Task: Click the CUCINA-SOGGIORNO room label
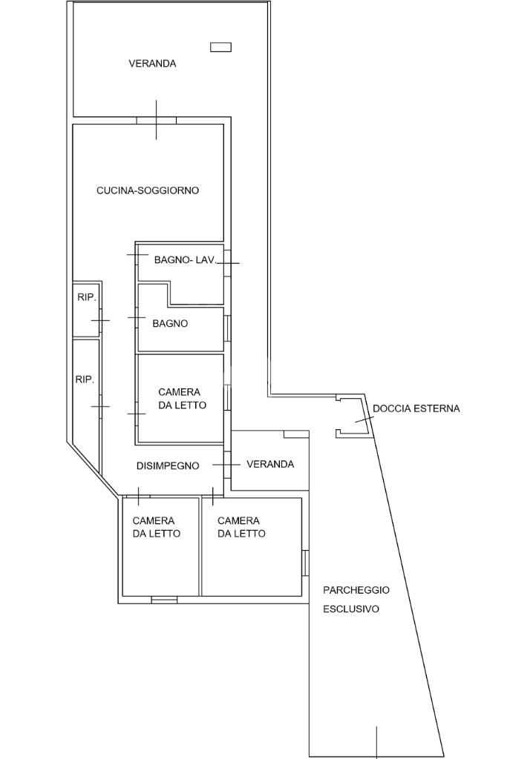(148, 190)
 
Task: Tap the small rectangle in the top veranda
(220, 47)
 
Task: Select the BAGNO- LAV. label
(185, 259)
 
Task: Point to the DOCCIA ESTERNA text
(416, 408)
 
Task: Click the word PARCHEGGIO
(356, 590)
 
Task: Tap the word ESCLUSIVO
(350, 609)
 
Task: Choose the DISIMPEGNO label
(168, 465)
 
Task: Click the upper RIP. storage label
(86, 297)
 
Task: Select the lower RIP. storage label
(85, 379)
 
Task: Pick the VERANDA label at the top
(152, 64)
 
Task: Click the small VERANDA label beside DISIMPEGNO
(270, 464)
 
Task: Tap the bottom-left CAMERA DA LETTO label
(156, 527)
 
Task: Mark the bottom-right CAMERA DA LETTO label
(241, 527)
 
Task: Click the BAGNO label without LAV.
(170, 323)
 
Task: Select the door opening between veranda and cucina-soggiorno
(156, 120)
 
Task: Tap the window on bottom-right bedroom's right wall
(304, 563)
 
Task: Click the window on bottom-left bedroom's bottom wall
(164, 599)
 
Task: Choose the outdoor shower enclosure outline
(352, 417)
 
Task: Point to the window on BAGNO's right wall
(226, 328)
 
